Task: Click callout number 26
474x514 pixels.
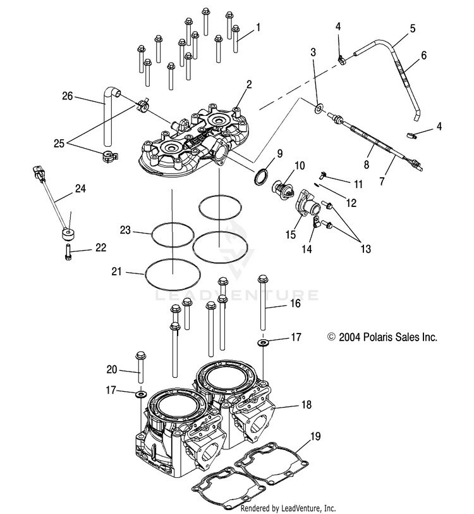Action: pyautogui.click(x=68, y=96)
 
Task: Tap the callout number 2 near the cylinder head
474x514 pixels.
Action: pyautogui.click(x=249, y=84)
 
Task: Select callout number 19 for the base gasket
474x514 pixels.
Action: pyautogui.click(x=315, y=436)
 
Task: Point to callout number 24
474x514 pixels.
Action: pyautogui.click(x=80, y=189)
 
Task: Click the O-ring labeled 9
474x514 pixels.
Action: pyautogui.click(x=261, y=177)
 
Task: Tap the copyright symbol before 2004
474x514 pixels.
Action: pyautogui.click(x=332, y=337)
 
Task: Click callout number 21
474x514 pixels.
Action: pyautogui.click(x=117, y=272)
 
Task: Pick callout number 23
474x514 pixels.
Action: pyautogui.click(x=125, y=230)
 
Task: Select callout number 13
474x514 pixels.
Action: pyautogui.click(x=366, y=249)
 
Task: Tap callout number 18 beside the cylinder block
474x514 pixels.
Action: pyautogui.click(x=307, y=404)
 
